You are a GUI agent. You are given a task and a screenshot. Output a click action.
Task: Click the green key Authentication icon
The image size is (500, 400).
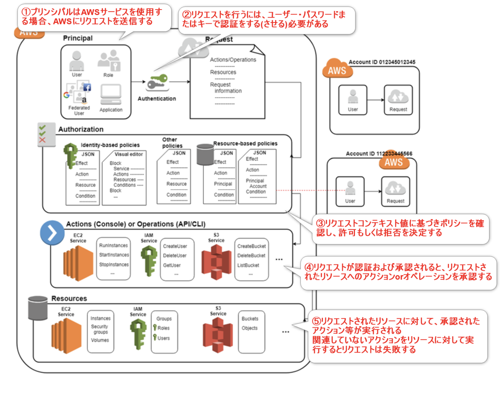tap(157, 82)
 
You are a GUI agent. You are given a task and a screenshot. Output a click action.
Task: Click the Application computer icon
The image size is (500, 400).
tap(111, 95)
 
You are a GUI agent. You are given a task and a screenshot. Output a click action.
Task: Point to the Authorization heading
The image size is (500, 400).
tap(81, 129)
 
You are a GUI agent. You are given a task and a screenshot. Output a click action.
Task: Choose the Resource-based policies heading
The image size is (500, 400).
tap(245, 143)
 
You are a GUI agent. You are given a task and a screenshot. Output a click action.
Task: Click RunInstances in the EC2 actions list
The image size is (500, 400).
tap(114, 246)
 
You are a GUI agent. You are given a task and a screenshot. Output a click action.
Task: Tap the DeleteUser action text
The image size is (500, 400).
tap(175, 256)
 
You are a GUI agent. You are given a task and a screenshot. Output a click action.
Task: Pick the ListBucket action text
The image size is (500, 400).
tap(248, 265)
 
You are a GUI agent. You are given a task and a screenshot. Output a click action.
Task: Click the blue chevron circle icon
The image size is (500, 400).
tap(52, 233)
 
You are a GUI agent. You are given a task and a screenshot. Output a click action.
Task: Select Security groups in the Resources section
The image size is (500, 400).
tap(100, 329)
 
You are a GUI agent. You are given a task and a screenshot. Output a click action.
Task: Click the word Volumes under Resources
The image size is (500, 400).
tap(100, 340)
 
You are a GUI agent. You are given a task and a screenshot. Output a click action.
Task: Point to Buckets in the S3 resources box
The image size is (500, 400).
tap(250, 319)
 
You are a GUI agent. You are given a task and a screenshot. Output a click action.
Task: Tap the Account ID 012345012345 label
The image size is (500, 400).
tap(382, 62)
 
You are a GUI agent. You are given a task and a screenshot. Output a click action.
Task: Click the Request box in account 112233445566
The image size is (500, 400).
tap(395, 191)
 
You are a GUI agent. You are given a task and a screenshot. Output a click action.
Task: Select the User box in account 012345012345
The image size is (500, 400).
tap(353, 100)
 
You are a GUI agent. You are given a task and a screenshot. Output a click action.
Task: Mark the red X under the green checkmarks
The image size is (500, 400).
tap(42, 140)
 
